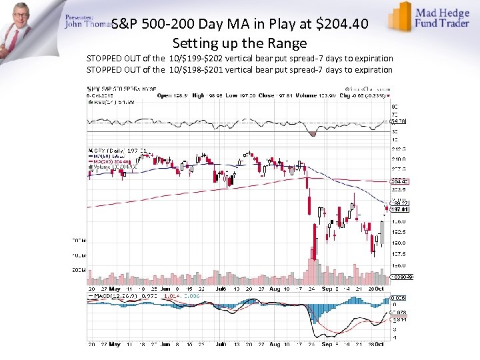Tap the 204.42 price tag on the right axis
[399, 181]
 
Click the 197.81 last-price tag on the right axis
[399, 209]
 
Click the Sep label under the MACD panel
[327, 345]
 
